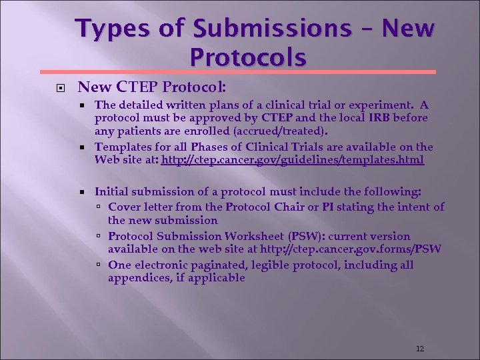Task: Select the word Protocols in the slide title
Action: coord(248,57)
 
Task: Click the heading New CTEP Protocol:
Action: coord(152,87)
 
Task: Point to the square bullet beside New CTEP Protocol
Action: coord(49,87)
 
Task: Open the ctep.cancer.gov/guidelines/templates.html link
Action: coord(292,160)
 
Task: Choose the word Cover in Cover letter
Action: coord(124,207)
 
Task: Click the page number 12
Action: coord(419,349)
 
